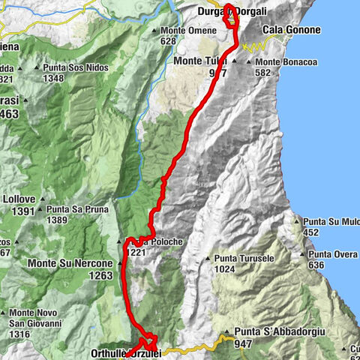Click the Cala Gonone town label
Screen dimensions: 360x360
(x=291, y=30)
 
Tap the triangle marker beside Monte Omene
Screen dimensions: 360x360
(x=154, y=31)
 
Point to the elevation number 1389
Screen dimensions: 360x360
(x=58, y=220)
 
